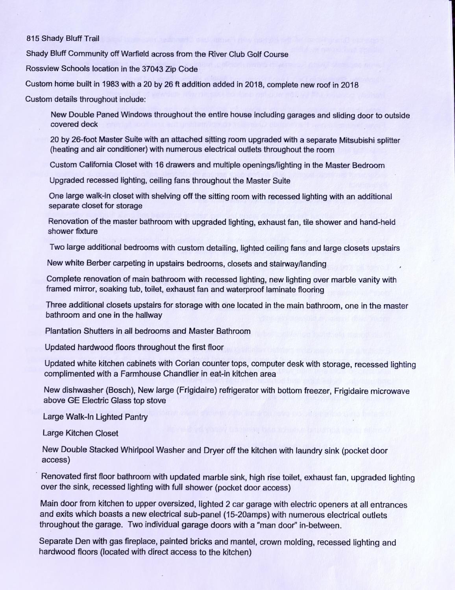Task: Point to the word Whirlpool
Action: pos(134,451)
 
